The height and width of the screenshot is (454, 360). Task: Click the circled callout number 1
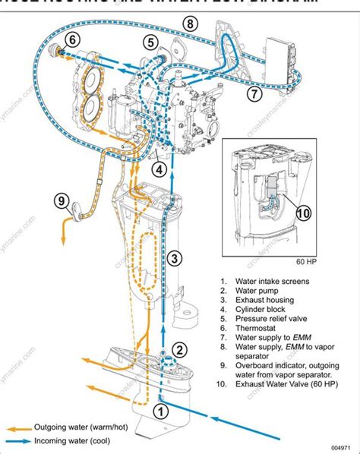coord(159,411)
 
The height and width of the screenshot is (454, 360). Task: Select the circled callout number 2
coord(179,350)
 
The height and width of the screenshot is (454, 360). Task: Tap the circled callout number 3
coord(175,258)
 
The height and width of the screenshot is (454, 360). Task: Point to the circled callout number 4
coord(159,169)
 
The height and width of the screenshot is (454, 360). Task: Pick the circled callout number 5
coord(152,43)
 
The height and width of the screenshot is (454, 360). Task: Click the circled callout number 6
coord(72,39)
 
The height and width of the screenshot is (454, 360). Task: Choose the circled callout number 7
coord(254,95)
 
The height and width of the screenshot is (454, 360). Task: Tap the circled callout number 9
coord(63,201)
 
